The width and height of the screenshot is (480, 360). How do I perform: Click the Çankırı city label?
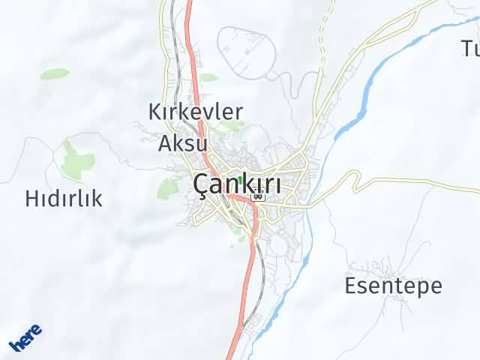click(x=238, y=184)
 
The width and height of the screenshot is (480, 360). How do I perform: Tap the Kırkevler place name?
click(x=195, y=112)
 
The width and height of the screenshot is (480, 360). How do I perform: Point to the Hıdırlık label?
click(x=64, y=199)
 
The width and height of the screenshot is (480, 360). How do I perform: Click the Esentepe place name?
click(x=393, y=286)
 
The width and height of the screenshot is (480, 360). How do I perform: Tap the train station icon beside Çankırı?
click(x=258, y=196)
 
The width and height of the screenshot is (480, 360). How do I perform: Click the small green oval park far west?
click(x=55, y=73)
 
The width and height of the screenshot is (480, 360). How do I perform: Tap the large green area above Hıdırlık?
click(x=76, y=158)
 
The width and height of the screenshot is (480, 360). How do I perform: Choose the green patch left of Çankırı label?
click(x=168, y=187)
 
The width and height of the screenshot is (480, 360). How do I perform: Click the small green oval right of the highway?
click(x=208, y=77)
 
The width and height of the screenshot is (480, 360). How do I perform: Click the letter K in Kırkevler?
click(x=155, y=112)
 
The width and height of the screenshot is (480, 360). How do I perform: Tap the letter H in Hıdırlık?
click(x=33, y=199)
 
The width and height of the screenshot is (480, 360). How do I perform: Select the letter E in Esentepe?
click(x=350, y=286)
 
